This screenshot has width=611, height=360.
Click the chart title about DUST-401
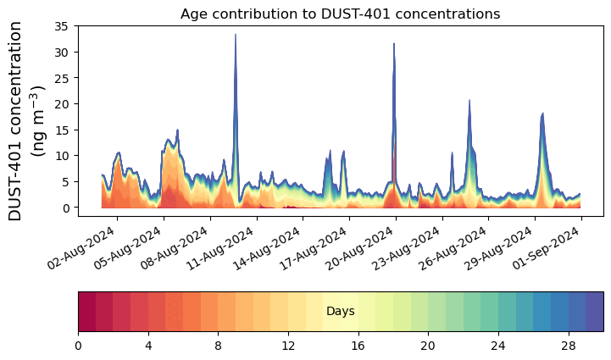(x=340, y=14)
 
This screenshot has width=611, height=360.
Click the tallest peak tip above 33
(x=236, y=35)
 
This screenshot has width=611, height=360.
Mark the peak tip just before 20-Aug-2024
(x=394, y=44)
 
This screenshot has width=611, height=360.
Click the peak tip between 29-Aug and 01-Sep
(x=542, y=114)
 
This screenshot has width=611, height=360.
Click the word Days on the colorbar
(x=340, y=312)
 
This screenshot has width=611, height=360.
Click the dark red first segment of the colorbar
(x=86, y=312)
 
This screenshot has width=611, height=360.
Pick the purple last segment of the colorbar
(x=594, y=312)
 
